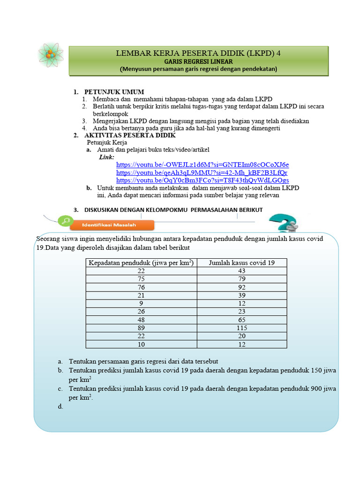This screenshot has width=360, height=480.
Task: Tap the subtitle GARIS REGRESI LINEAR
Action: [198, 61]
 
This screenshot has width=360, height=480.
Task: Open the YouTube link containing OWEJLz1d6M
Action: [202, 165]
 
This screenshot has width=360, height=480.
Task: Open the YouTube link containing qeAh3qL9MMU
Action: [202, 172]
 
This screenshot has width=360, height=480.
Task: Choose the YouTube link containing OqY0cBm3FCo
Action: [202, 180]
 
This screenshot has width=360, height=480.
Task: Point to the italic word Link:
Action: [106, 157]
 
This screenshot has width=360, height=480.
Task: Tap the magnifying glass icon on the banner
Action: [66, 221]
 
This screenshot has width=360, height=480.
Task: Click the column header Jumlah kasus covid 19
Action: [241, 262]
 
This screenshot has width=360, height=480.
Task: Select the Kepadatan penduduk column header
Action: [141, 262]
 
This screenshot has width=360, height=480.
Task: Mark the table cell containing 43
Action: [241, 271]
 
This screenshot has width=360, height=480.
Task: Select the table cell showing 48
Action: [141, 320]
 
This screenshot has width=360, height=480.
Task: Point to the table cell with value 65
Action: [241, 320]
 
